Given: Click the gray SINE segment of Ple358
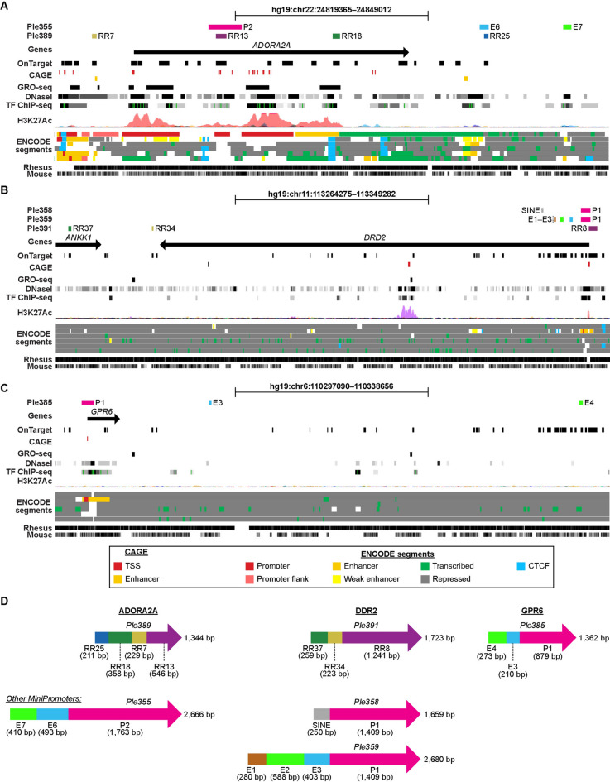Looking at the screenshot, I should click(x=321, y=713).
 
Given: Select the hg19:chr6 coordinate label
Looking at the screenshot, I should click(x=331, y=386).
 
